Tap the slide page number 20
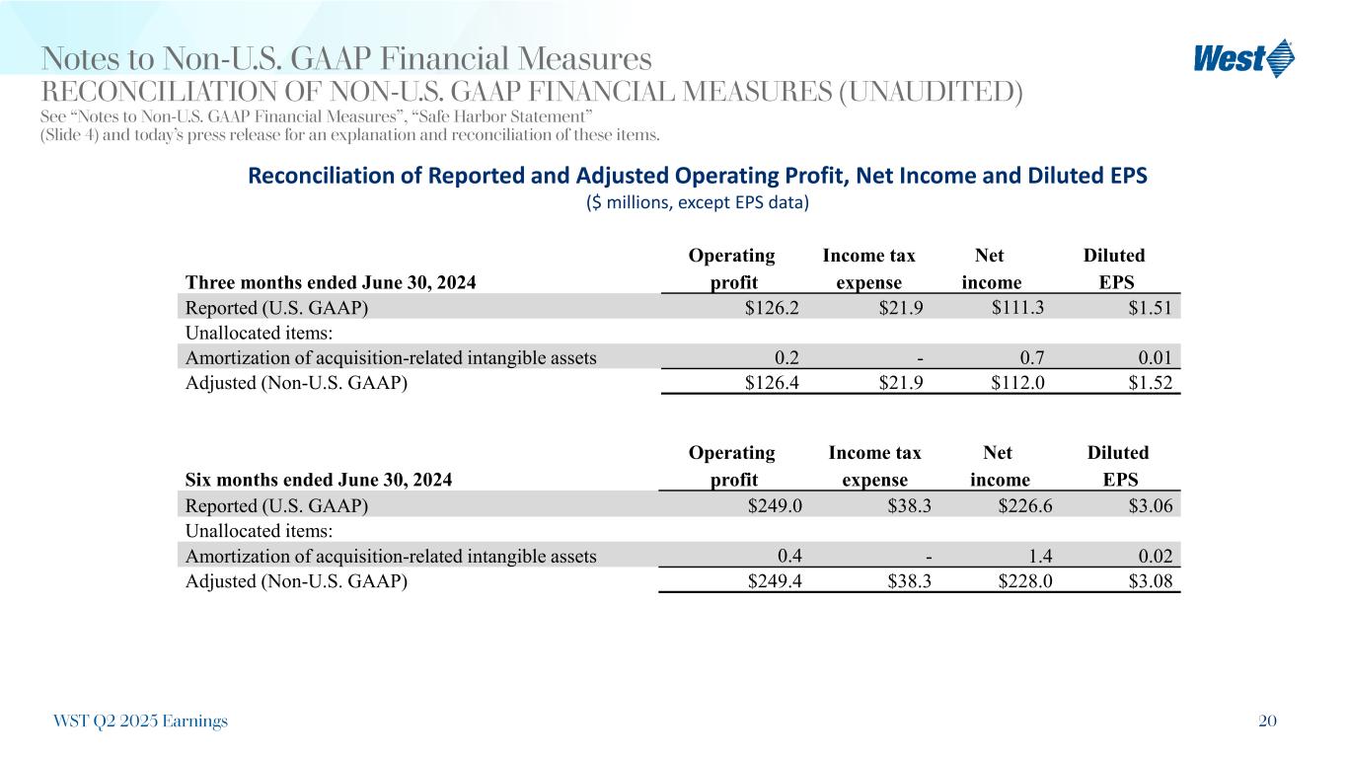1267,721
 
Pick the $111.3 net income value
1017,308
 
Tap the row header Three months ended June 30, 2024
331,283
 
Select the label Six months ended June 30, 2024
319,481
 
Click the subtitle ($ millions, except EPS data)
698,203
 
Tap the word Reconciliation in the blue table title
313,177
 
